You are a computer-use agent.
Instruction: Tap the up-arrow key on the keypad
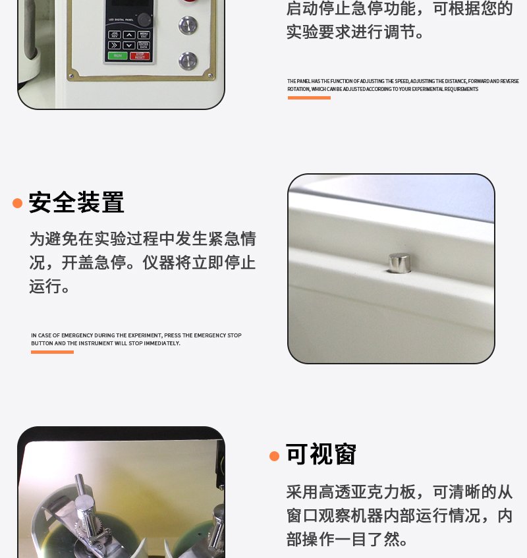pos(129,34)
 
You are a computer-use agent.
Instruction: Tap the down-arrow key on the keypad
pos(129,45)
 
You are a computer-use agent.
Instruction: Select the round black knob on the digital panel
pos(144,19)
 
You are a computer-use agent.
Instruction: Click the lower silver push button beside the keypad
pos(188,60)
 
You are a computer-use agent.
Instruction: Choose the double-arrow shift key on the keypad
pos(115,45)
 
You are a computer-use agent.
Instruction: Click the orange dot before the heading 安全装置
pos(18,203)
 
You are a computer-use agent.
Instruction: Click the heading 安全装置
pos(76,203)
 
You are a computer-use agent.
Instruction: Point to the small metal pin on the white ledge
pos(399,262)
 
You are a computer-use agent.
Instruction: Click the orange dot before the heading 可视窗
pos(275,456)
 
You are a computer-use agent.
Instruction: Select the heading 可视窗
pos(321,455)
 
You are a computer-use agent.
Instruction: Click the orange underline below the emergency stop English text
pos(52,352)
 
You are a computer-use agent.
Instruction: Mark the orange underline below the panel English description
pos(309,98)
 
